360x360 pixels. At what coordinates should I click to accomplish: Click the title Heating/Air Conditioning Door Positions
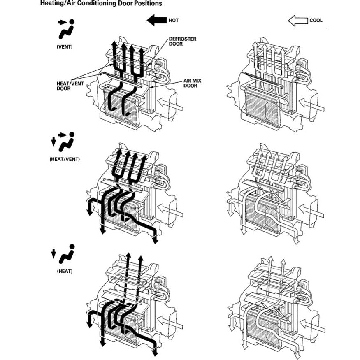pyautogui.click(x=101, y=4)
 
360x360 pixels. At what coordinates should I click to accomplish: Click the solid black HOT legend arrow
pyautogui.click(x=156, y=20)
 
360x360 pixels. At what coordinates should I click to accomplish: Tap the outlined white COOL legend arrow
pyautogui.click(x=297, y=20)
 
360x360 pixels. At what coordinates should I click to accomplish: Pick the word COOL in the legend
pyautogui.click(x=316, y=20)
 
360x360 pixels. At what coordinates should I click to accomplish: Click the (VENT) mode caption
pyautogui.click(x=65, y=46)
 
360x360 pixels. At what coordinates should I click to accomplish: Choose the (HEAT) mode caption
pyautogui.click(x=65, y=271)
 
